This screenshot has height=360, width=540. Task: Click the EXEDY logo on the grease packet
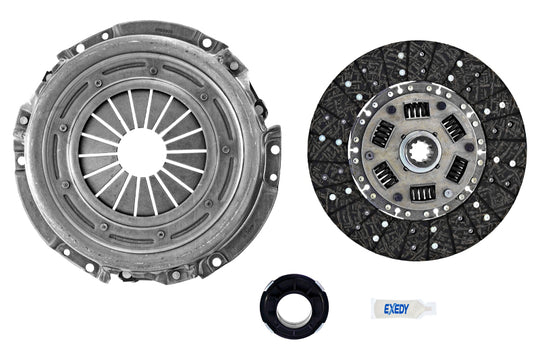pyautogui.click(x=396, y=309)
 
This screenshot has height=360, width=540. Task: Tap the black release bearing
pyautogui.click(x=294, y=307)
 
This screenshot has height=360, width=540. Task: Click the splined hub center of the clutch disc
pyautogui.click(x=420, y=152)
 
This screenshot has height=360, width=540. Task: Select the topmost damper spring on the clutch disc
pyautogui.click(x=417, y=110)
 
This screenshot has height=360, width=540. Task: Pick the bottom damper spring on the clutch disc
pyautogui.click(x=423, y=193)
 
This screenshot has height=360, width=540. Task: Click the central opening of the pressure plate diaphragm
pyautogui.click(x=142, y=153)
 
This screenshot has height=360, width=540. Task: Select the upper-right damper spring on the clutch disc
pyautogui.click(x=454, y=128)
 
